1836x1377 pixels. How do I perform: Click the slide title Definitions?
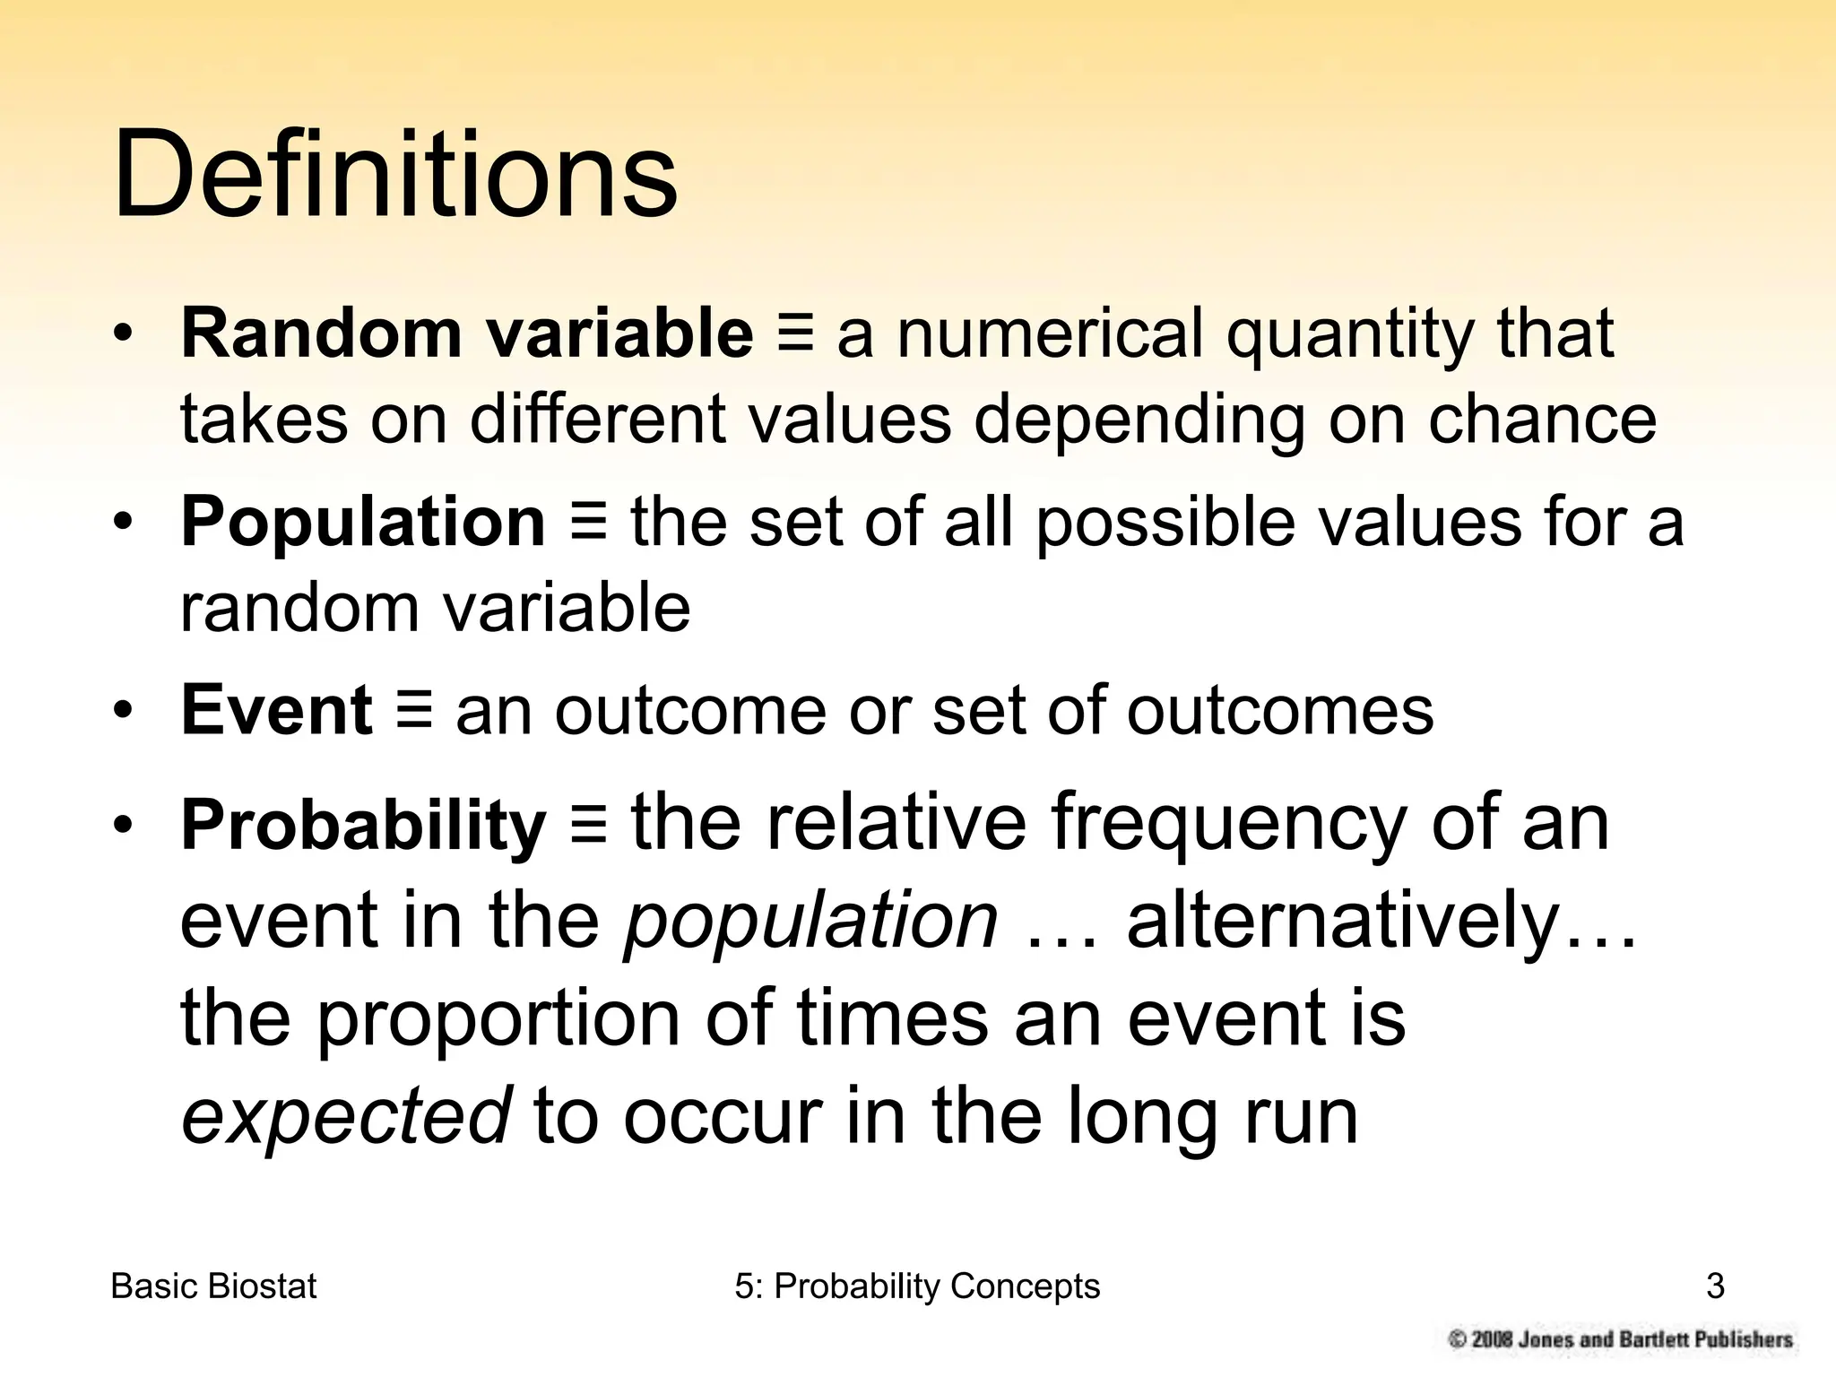click(394, 175)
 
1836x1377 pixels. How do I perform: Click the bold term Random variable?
click(467, 333)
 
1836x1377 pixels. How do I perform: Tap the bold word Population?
click(363, 522)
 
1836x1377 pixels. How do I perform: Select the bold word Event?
click(277, 710)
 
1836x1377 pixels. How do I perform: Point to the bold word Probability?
click(363, 825)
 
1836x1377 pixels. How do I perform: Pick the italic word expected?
click(346, 1116)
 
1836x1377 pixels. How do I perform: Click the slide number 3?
click(1715, 1286)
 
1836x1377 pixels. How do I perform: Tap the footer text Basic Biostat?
click(213, 1286)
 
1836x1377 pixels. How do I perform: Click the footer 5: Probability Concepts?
click(917, 1286)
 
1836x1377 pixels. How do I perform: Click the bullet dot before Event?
click(124, 710)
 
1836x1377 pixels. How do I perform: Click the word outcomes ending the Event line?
click(1280, 710)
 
